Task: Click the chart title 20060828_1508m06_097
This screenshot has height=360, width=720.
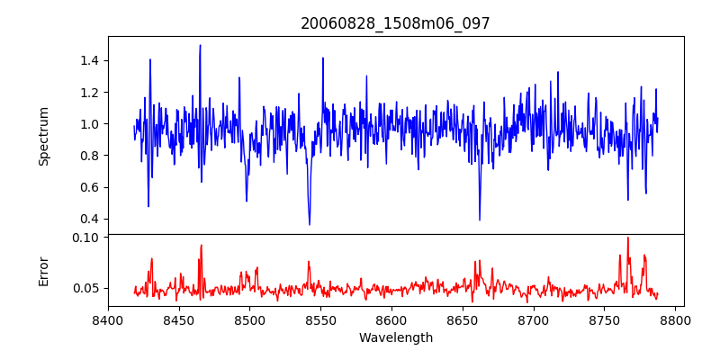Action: pyautogui.click(x=395, y=23)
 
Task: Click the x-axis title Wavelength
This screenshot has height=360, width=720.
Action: pyautogui.click(x=395, y=338)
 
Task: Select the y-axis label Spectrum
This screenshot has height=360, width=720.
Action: pyautogui.click(x=44, y=136)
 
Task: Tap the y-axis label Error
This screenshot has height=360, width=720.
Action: pyautogui.click(x=44, y=271)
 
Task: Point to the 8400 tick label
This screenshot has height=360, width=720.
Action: pyautogui.click(x=108, y=319)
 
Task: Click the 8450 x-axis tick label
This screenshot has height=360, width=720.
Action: pyautogui.click(x=179, y=319)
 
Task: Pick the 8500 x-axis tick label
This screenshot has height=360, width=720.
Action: pyautogui.click(x=249, y=319)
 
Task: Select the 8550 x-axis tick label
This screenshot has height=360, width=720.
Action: pyautogui.click(x=320, y=319)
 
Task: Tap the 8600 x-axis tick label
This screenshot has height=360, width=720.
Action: pyautogui.click(x=391, y=319)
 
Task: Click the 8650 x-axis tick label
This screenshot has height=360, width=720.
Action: pyautogui.click(x=463, y=319)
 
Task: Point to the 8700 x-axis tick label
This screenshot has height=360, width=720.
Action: pyautogui.click(x=534, y=319)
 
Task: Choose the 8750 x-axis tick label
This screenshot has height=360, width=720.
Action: pyautogui.click(x=604, y=319)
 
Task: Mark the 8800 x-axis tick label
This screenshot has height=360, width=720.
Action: pyautogui.click(x=675, y=319)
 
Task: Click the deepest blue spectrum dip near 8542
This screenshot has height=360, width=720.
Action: pyautogui.click(x=310, y=224)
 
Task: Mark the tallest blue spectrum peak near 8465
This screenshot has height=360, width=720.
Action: pyautogui.click(x=200, y=45)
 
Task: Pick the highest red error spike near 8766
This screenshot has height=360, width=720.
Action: pyautogui.click(x=627, y=238)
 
